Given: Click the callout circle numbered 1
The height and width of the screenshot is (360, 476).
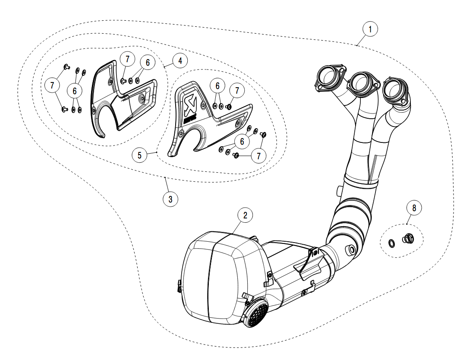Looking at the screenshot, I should tap(370, 29).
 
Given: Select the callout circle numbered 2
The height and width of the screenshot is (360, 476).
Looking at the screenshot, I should tap(245, 215).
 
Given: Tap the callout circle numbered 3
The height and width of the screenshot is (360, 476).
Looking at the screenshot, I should tap(170, 199).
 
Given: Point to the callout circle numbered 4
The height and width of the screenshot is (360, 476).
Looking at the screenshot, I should tap(180, 60).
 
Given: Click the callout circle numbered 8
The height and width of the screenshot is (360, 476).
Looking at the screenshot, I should tap(414, 208).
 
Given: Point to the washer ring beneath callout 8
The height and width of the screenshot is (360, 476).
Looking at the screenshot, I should tap(391, 244).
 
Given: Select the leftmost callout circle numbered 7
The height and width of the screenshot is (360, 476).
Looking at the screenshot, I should tap(52, 85).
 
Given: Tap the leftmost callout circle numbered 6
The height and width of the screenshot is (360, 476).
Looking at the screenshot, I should tap(75, 91).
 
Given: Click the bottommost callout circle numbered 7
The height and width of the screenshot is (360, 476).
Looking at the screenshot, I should tap(258, 156).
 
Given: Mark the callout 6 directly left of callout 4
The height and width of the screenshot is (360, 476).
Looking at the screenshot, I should tap(148, 63).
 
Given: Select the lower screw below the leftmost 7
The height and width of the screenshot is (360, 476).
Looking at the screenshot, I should tap(66, 109).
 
